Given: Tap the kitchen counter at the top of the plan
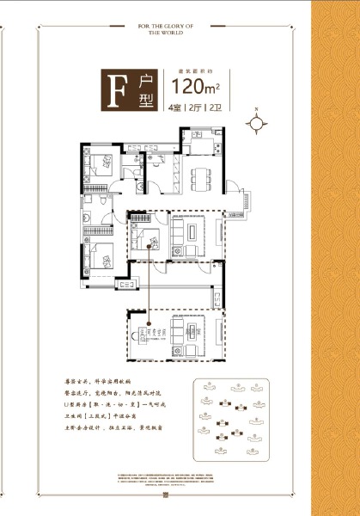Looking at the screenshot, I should [200, 136].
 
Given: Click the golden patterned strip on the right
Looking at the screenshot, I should [335, 258].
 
